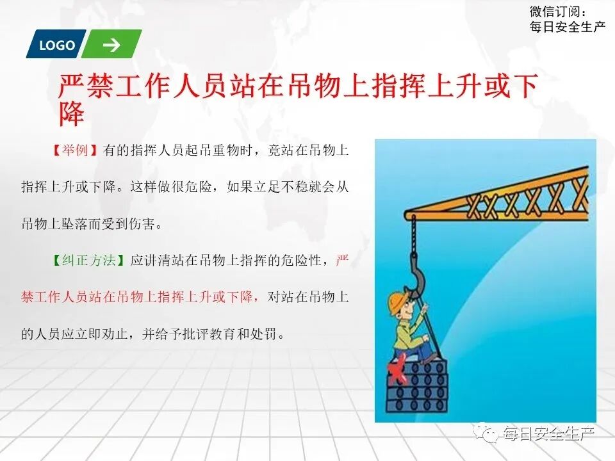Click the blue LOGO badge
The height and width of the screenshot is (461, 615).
56,45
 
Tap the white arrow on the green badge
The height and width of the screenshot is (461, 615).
111,45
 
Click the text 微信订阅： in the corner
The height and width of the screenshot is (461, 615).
557,12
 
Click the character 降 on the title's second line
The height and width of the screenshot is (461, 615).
72,115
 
